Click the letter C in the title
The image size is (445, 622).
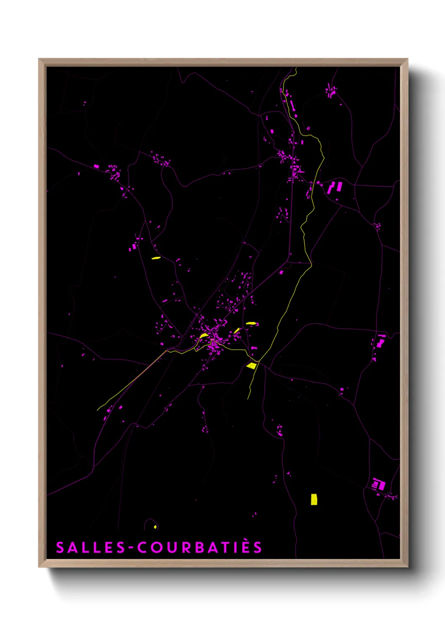click(142, 548)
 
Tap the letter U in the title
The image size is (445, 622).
click(171, 548)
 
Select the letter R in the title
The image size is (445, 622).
click(185, 548)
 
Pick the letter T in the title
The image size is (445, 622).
click(228, 548)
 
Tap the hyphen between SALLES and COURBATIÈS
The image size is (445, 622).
click(131, 548)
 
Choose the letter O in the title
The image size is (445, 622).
click(156, 548)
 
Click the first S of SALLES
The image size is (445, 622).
click(60, 548)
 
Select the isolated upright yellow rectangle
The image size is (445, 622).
click(314, 499)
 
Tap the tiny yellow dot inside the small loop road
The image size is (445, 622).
click(155, 527)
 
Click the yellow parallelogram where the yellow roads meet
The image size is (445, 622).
click(252, 366)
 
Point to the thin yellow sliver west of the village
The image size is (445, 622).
click(156, 258)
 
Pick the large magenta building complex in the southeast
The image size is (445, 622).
click(379, 485)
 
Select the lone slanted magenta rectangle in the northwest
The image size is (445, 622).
click(96, 166)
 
